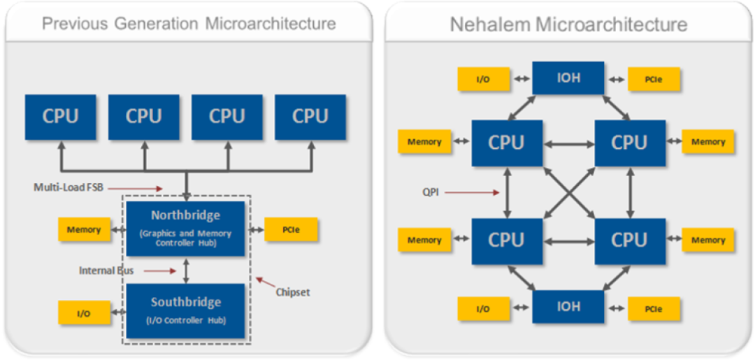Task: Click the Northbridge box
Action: click(x=186, y=229)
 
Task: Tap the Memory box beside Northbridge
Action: click(x=84, y=229)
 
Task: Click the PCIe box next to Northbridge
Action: click(x=292, y=229)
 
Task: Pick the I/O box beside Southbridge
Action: click(x=84, y=313)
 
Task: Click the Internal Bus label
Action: click(x=107, y=270)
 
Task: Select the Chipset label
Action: click(x=292, y=292)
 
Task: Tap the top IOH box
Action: click(x=568, y=78)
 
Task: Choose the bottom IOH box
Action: click(x=568, y=307)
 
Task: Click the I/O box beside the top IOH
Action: click(x=482, y=79)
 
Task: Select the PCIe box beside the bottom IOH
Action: click(x=654, y=308)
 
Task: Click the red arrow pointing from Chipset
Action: click(x=265, y=282)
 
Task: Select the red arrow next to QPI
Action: click(x=473, y=192)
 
